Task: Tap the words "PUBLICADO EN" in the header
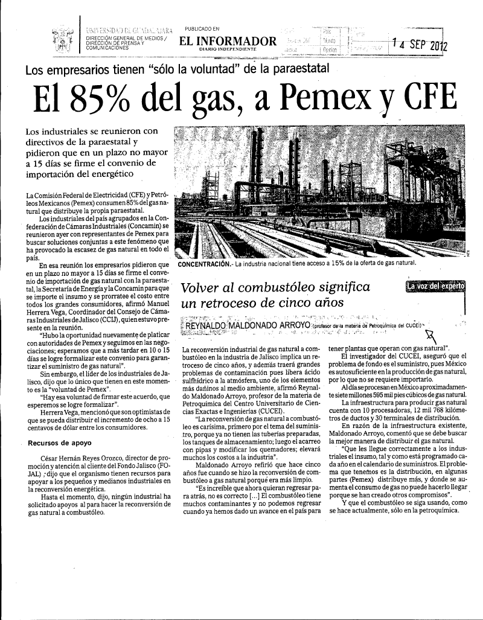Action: pyautogui.click(x=202, y=28)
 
